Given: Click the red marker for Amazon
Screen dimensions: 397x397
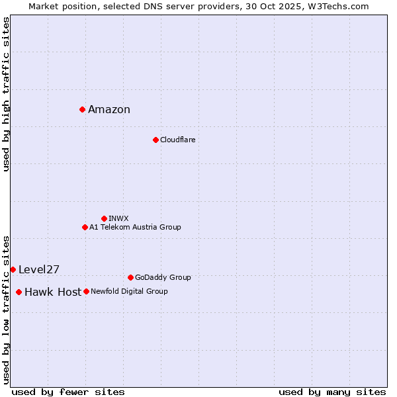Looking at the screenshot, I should coord(82,109).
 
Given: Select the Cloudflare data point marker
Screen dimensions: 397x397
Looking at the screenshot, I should coord(155,140).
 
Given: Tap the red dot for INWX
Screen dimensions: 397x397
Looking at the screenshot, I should coord(104,218).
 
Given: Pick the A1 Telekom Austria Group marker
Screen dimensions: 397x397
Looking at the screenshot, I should coord(85,227).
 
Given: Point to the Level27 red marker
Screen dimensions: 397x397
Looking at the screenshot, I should coord(13,269).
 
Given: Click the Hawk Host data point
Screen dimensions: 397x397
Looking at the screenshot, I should coord(19,292).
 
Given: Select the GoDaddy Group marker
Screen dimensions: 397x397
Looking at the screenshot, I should coord(130,277).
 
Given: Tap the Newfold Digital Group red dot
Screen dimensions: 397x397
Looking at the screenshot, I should coord(86,291).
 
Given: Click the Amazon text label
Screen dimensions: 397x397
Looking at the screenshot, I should coord(109,110).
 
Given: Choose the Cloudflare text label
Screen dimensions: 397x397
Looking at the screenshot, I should coord(178,140).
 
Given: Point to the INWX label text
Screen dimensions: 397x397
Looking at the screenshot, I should coord(119,218).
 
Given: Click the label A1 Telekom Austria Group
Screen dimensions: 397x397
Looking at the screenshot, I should coord(136,227).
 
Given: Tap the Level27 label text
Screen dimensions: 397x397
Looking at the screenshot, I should coord(39,269).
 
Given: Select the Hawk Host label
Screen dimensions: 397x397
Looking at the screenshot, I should coord(53,292).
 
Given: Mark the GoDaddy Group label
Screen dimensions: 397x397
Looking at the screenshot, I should coord(163,277).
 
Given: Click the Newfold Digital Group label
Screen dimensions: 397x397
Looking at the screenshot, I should coord(130,291).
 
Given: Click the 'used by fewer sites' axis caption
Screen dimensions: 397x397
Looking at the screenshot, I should coord(68,392).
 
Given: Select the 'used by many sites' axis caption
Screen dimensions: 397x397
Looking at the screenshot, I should coord(332,392).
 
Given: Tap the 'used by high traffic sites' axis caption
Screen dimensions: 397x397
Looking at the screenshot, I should coord(7,94).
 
